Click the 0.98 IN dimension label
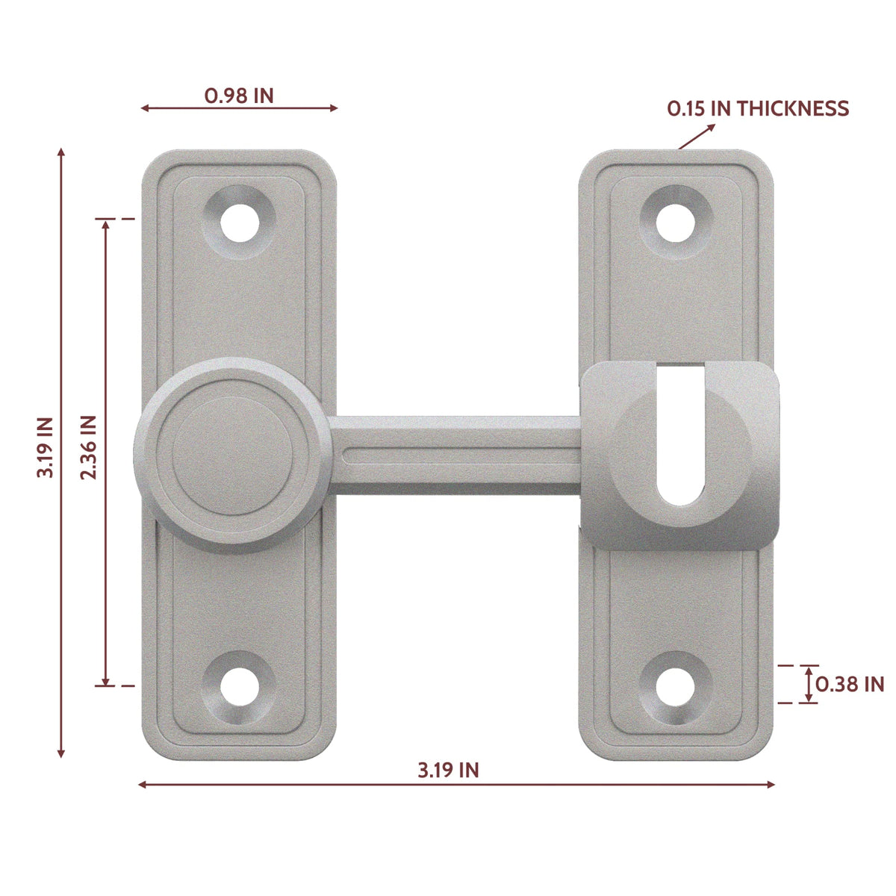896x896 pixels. (x=239, y=96)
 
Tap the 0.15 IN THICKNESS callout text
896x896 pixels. (x=758, y=108)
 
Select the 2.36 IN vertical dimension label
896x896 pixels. (x=88, y=447)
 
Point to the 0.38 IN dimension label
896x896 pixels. (x=850, y=685)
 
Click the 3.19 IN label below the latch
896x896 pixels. (x=448, y=771)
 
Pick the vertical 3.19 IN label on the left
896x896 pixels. (x=46, y=447)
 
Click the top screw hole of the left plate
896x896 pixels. (x=240, y=223)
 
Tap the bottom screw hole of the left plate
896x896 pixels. (x=240, y=687)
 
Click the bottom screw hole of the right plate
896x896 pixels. (x=675, y=687)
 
